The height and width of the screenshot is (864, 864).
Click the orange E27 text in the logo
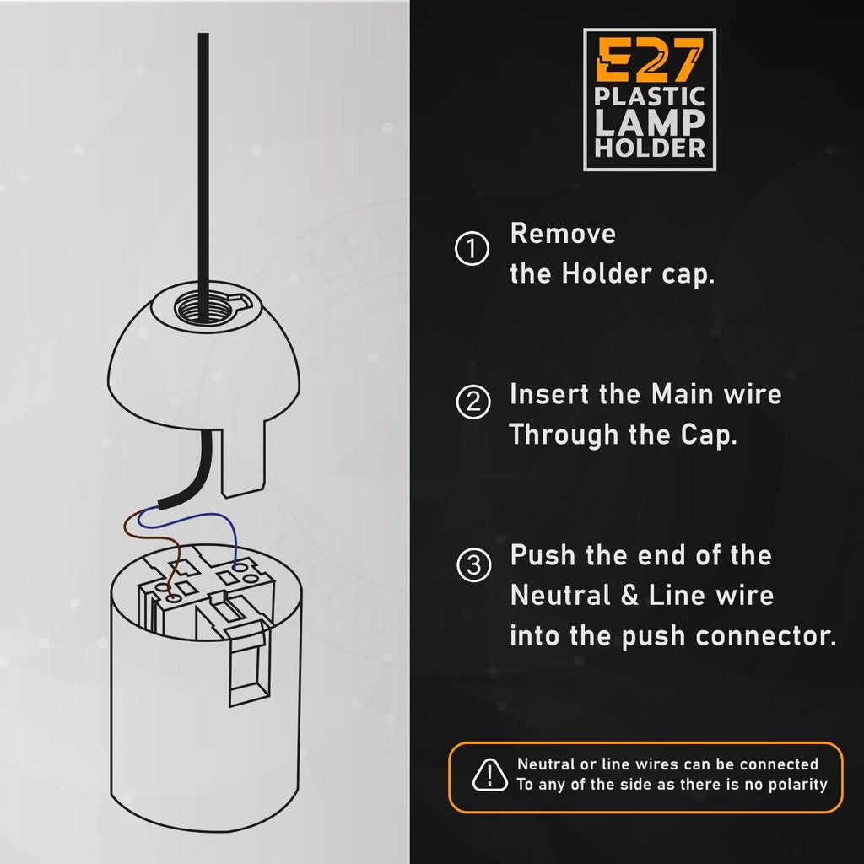click(649, 61)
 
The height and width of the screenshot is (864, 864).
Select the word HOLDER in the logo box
click(650, 148)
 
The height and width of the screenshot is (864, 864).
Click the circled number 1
click(472, 250)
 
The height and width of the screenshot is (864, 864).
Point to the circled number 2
click(472, 402)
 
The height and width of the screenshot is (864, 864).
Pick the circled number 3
click(472, 565)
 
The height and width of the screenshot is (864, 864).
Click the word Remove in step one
click(563, 233)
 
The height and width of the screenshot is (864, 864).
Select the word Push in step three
click(543, 555)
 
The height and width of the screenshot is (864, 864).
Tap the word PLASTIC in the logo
click(649, 95)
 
